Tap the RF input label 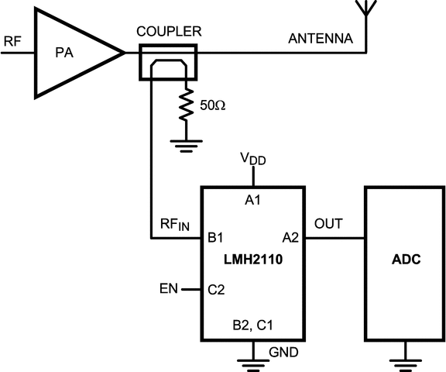tap(12, 40)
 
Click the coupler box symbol tap(169, 62)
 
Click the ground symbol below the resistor tap(184, 143)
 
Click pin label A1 tap(253, 201)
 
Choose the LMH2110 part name tap(253, 262)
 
